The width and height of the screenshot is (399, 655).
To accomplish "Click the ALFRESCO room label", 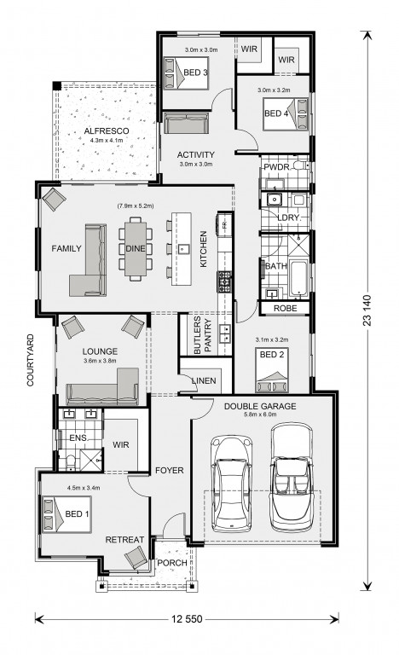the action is (107, 130).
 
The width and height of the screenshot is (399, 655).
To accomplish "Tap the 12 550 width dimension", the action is (187, 618).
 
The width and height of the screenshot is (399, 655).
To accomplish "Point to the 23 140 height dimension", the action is (367, 310).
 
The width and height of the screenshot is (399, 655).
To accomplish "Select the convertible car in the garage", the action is (292, 478).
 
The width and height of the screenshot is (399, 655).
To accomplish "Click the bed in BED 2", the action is (272, 370).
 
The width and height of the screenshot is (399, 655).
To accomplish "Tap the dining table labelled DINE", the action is (136, 248).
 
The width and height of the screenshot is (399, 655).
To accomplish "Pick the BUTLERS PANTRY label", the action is (203, 335).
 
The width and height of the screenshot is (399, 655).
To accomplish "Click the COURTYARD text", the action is (31, 360).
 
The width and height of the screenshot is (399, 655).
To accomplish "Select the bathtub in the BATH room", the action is (298, 278).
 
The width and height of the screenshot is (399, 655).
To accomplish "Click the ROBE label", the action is (286, 308).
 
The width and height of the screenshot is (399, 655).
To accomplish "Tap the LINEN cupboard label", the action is (204, 380).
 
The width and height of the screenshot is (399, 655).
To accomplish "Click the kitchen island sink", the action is (183, 249).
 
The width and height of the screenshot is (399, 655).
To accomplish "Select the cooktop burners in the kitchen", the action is (224, 281).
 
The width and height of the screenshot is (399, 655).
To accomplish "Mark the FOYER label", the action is (169, 471).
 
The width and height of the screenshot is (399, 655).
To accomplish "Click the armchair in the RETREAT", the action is (136, 558).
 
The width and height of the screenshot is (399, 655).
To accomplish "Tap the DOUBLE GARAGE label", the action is (260, 406).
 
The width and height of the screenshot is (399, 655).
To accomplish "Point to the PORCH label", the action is (172, 563).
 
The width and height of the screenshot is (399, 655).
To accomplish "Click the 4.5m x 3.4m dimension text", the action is (84, 488).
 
